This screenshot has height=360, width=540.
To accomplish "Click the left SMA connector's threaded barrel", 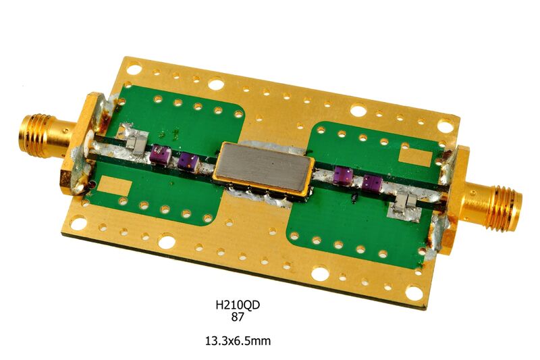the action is [38, 135].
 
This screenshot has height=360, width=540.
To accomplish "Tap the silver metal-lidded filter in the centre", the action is [264, 170].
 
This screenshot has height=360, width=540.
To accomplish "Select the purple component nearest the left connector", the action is [161, 153].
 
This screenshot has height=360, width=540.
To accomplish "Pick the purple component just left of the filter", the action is [189, 162].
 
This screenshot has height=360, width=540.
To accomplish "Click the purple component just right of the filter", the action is [343, 175].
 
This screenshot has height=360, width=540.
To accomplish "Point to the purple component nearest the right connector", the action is [372, 183].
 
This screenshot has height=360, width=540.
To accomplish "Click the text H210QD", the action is [238, 305].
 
